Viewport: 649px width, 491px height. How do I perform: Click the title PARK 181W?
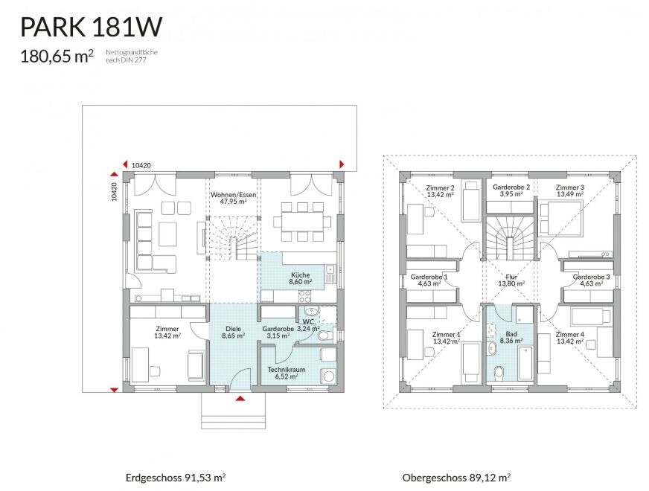(x=91, y=28)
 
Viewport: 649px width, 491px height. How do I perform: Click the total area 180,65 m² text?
(x=57, y=57)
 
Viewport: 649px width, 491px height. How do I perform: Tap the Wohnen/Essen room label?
(x=234, y=198)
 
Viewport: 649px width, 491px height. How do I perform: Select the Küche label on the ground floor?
(x=301, y=278)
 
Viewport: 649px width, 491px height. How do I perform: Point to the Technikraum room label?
(x=287, y=373)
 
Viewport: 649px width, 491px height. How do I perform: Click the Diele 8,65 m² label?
(x=234, y=333)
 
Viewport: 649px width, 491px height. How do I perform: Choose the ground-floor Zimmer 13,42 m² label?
(x=167, y=333)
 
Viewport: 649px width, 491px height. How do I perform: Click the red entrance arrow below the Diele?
(x=240, y=399)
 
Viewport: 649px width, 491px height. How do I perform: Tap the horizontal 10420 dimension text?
(x=141, y=165)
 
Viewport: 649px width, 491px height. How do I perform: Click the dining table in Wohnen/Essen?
(x=302, y=222)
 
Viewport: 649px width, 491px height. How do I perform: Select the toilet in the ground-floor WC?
(x=326, y=335)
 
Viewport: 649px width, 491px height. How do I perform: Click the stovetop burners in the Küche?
(x=305, y=296)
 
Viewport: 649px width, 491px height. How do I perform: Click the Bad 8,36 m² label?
(x=511, y=338)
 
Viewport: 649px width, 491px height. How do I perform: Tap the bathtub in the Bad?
(x=525, y=363)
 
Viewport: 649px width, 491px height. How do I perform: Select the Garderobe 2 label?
(x=511, y=190)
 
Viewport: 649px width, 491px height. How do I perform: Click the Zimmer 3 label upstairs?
(x=570, y=190)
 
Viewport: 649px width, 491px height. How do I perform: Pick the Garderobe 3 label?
(x=591, y=280)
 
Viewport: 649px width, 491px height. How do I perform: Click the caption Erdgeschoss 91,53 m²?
(x=176, y=478)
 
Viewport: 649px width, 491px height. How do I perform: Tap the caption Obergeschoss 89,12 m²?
(x=456, y=478)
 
